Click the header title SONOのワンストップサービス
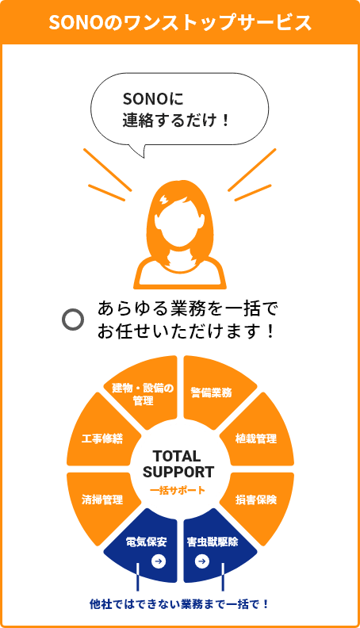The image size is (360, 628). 180,22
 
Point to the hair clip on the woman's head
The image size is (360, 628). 165,199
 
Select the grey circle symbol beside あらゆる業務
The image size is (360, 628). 73,320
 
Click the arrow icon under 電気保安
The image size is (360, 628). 159,561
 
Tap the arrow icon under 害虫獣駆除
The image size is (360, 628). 202,561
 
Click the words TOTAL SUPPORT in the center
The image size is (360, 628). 178,464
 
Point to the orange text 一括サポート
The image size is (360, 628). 178,490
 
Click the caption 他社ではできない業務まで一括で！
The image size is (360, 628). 179,604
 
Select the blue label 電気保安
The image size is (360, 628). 146,542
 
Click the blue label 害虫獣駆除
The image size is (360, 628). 213,542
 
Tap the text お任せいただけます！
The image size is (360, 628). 186,331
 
